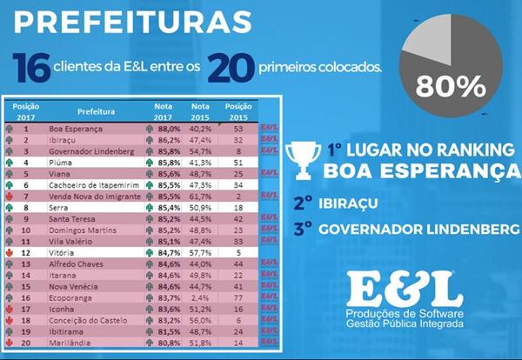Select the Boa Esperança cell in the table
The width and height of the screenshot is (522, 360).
[x=75, y=128]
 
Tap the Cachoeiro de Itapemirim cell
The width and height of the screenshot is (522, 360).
[x=90, y=184]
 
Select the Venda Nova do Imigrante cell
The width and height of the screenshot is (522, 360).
[x=93, y=196]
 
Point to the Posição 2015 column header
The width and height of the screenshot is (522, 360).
[x=237, y=112]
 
